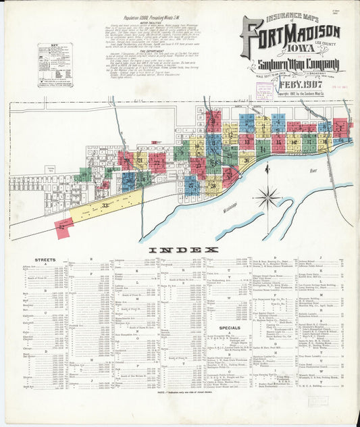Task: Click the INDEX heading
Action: point(180,250)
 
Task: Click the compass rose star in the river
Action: point(268,197)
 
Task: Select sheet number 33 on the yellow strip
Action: point(105,205)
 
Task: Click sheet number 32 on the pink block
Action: point(63,227)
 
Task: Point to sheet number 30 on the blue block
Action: point(126,180)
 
